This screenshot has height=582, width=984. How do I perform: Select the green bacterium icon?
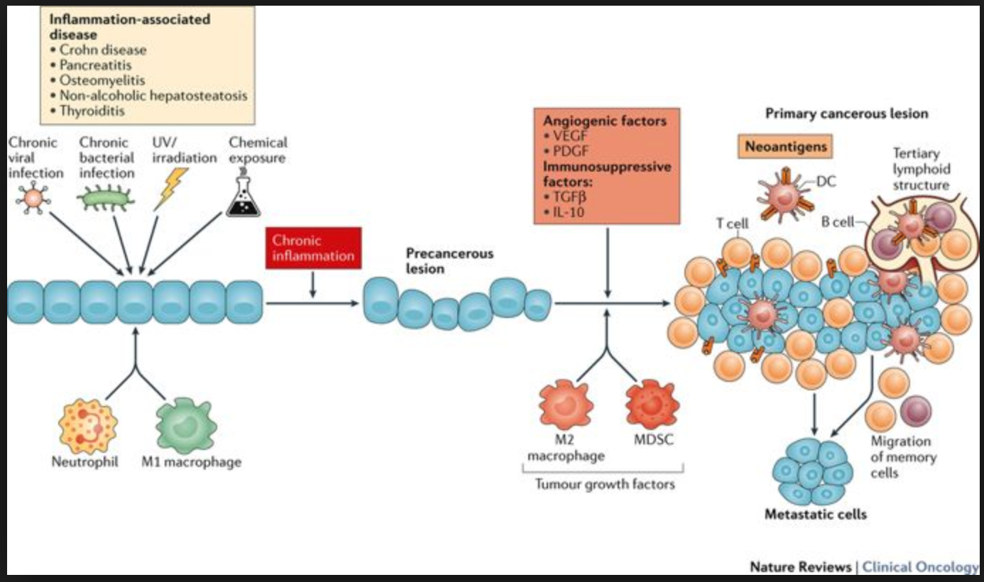coord(105,198)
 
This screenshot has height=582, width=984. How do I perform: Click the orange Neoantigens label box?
coord(785,147)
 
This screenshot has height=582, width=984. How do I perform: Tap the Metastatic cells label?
coord(816,514)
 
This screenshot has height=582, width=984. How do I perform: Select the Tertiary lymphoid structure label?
coord(921,169)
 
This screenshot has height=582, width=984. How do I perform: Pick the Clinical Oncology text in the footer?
coord(920,566)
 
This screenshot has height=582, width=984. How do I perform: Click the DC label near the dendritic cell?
coord(826,182)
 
